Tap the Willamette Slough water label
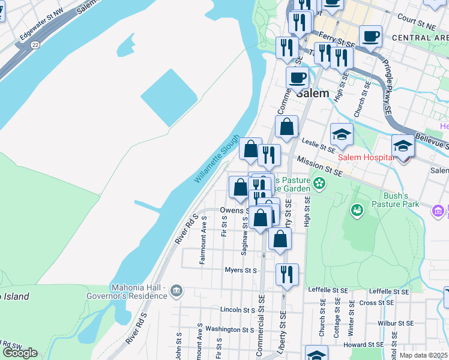click(217, 158)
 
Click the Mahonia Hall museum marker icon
click(176, 291)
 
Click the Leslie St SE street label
click(318, 145)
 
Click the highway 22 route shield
click(36, 46)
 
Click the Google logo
click(20, 353)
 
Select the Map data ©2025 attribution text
click(424, 355)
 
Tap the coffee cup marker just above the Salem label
click(297, 77)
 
